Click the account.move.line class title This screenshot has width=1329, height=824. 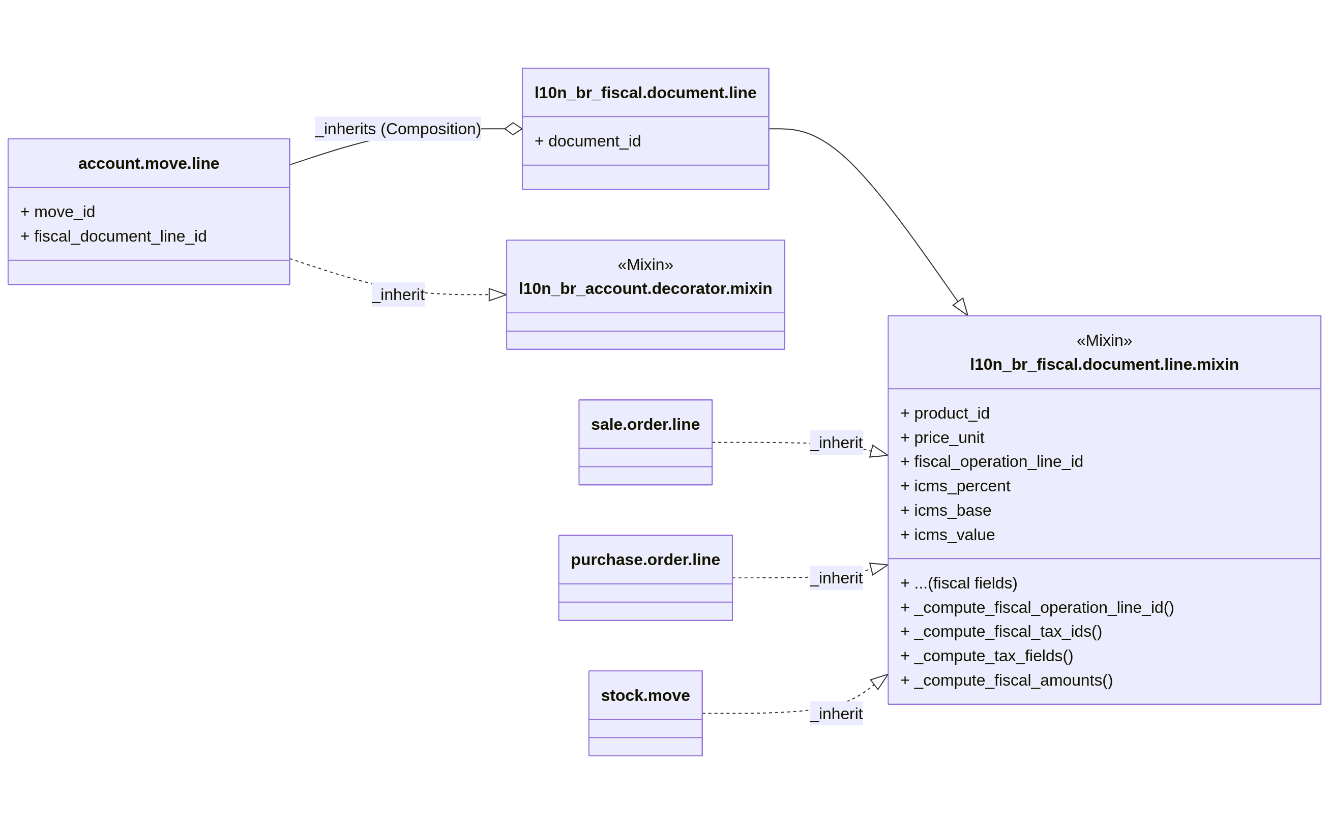[148, 163]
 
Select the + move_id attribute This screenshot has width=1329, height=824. [58, 212]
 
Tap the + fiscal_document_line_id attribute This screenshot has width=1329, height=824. [113, 236]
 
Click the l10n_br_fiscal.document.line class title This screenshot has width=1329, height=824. [645, 93]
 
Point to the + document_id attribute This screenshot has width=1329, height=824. [587, 141]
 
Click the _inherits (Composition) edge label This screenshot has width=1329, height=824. [398, 129]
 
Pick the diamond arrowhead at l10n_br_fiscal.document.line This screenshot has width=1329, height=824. [513, 129]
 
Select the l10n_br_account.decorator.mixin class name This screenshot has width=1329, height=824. [645, 288]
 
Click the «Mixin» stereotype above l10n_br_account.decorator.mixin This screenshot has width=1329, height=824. [645, 265]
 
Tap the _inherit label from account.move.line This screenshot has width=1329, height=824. [398, 295]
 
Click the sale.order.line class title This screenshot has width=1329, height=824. [645, 424]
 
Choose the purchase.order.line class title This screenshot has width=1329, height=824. [645, 560]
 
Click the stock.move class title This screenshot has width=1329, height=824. [645, 695]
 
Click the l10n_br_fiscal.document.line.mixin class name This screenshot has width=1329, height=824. [1104, 364]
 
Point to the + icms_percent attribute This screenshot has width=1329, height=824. [955, 486]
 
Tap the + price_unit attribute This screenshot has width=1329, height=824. [942, 437]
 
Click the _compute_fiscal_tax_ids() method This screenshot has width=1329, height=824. [1001, 631]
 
